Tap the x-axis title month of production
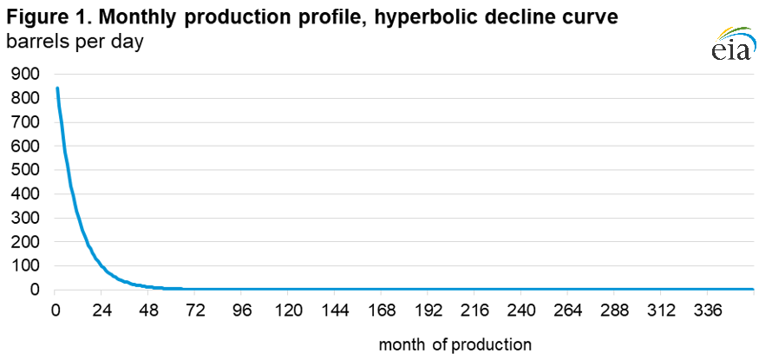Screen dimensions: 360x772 455,344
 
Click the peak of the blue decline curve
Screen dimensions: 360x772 57,88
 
